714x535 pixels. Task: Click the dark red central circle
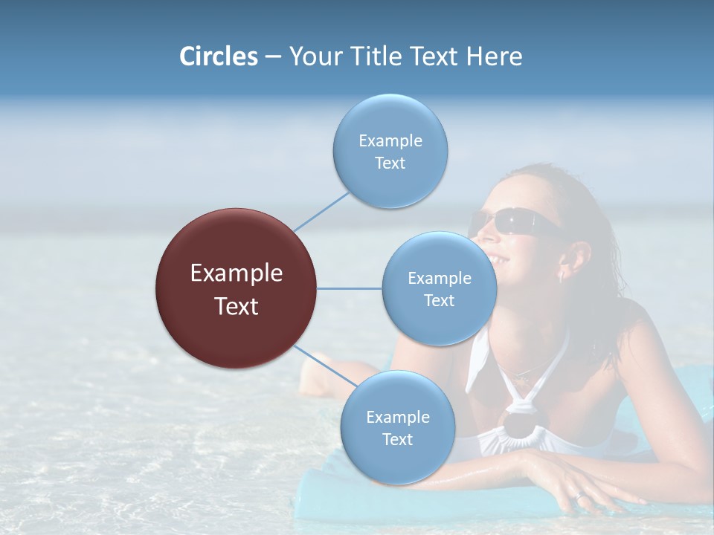point(237,288)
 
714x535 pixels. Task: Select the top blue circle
point(390,151)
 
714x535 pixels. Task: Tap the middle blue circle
point(439,288)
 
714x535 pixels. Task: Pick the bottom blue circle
point(397,427)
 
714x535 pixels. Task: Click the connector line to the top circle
point(322,210)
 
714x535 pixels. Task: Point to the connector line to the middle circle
point(349,288)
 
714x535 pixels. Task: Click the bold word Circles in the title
point(218,56)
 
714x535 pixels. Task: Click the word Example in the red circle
point(237,273)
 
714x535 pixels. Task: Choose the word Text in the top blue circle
point(390,163)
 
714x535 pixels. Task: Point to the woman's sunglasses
point(513,221)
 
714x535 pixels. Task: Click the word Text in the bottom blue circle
point(397,439)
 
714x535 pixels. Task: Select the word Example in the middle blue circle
point(439,278)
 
